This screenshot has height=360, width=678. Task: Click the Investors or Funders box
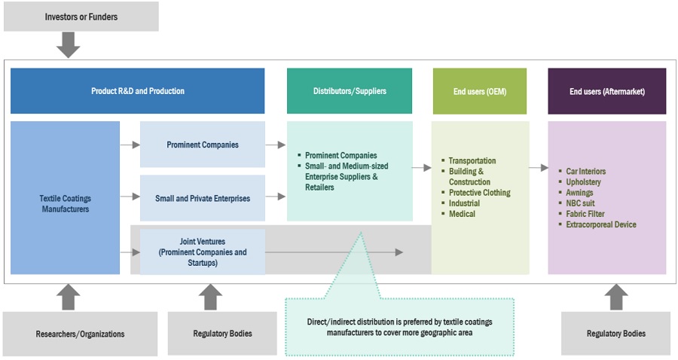(x=81, y=17)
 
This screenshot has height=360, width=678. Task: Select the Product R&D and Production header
(x=138, y=91)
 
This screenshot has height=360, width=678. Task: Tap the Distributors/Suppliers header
(x=350, y=91)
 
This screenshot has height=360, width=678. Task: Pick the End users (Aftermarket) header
(x=607, y=91)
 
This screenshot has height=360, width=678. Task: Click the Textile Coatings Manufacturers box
(x=65, y=203)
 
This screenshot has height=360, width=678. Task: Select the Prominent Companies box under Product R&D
(x=203, y=144)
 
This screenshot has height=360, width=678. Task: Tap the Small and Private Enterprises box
(x=203, y=198)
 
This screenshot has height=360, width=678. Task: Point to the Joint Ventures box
(x=203, y=252)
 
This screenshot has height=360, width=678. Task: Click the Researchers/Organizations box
(x=80, y=333)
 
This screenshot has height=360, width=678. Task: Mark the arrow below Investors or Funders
(x=69, y=45)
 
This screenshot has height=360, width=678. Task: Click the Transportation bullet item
(x=472, y=160)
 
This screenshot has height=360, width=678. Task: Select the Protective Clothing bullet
(x=479, y=193)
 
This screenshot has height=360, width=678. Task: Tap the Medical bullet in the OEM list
(x=463, y=214)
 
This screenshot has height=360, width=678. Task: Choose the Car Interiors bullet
(x=586, y=172)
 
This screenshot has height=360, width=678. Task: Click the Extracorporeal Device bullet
(x=601, y=224)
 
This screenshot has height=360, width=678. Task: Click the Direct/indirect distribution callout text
(x=399, y=327)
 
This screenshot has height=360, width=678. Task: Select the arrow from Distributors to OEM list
(x=422, y=166)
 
